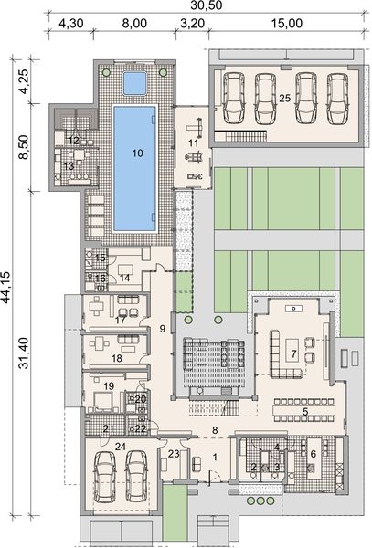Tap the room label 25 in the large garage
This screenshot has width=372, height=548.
pos(284,97)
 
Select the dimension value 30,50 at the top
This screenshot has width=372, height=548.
pos(191,6)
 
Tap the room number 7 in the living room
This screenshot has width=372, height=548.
pos(293,353)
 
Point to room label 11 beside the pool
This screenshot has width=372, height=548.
pos(193,143)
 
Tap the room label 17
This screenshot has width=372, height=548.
pos(120,321)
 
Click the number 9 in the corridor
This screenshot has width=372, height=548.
pos(161,327)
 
